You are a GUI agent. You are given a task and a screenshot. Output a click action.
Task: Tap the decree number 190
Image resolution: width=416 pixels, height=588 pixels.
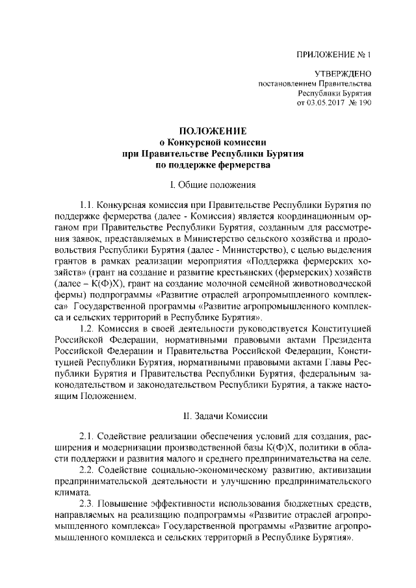(x=364, y=103)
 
